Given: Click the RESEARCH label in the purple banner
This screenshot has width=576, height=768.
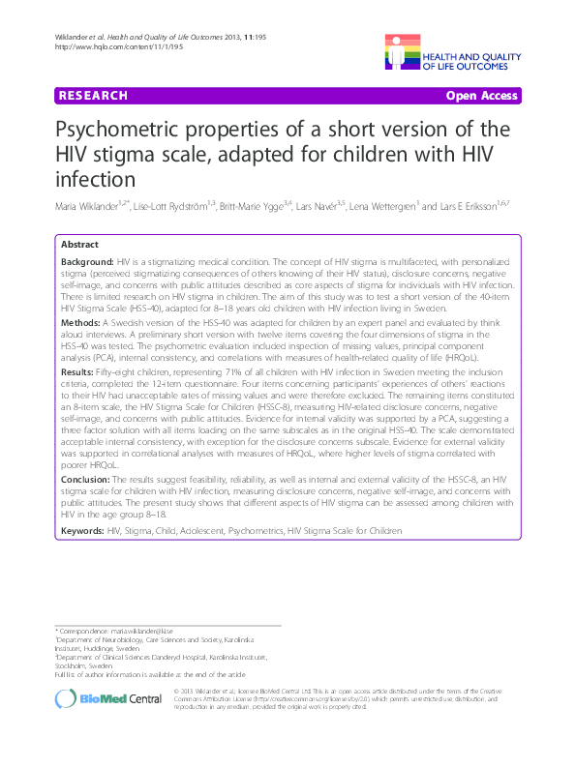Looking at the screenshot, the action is point(92,96).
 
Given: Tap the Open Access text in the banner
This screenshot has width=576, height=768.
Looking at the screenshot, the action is point(482,96).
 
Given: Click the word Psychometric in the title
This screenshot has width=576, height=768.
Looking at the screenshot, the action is point(133,132).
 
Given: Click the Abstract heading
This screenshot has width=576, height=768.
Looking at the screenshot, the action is point(80,245).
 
